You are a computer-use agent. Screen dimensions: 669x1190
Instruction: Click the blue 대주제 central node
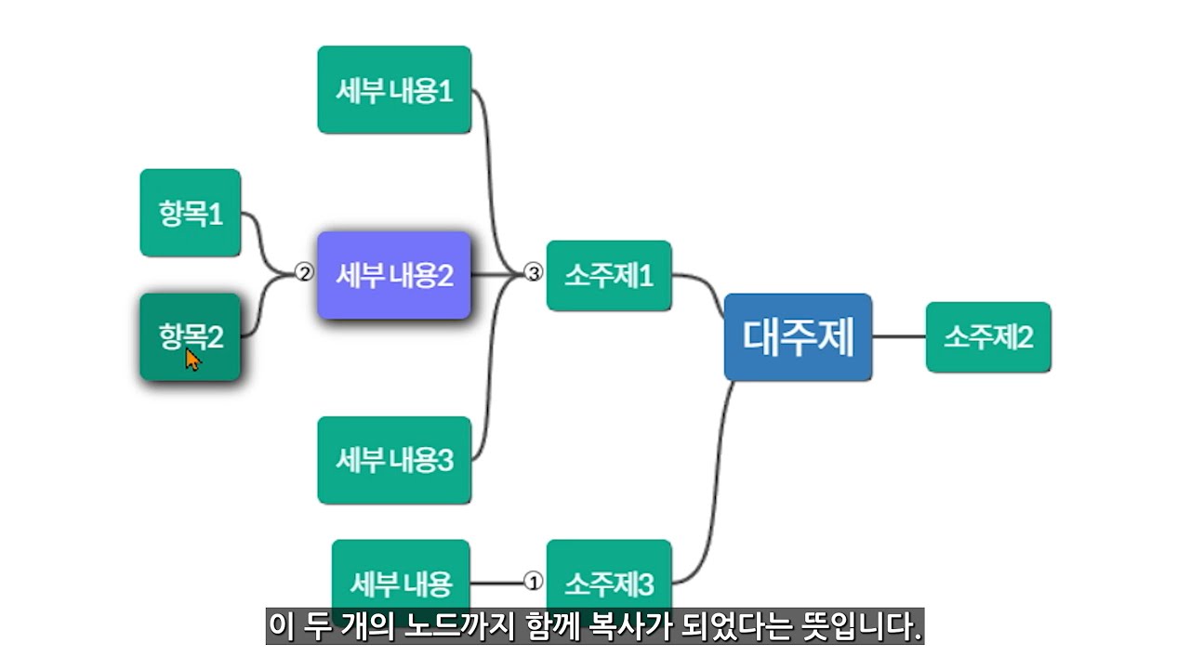798,337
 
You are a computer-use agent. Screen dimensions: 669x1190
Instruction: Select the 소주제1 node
609,276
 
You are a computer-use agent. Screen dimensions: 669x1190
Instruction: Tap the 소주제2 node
988,337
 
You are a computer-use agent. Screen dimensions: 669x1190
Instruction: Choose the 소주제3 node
609,583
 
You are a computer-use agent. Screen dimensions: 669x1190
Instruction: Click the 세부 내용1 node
394,90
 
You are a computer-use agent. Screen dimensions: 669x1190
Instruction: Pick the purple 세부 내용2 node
394,276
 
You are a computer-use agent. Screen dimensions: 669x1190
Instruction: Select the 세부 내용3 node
394,460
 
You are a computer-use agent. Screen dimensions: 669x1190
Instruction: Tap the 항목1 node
191,213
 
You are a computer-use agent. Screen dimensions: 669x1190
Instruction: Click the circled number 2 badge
304,273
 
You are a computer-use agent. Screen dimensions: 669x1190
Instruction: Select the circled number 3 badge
533,273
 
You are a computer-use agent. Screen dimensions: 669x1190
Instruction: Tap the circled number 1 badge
533,582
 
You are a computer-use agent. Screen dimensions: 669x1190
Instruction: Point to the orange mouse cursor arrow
192,359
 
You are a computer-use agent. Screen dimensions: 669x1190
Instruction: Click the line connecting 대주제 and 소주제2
899,337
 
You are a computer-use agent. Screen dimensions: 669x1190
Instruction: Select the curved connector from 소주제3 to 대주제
717,483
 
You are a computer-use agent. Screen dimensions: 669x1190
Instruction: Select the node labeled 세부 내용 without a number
401,583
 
